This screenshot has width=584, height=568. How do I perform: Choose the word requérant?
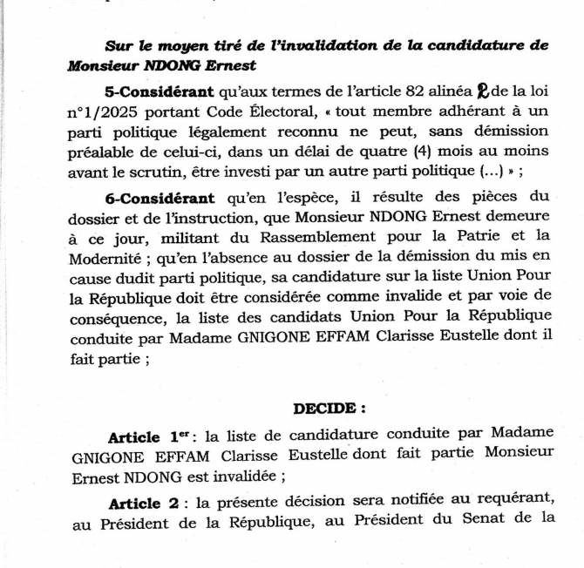coord(488,504)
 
